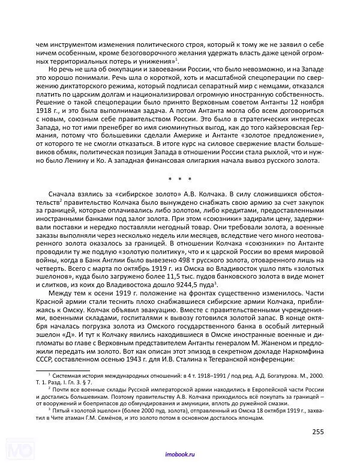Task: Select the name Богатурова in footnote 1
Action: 247,374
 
